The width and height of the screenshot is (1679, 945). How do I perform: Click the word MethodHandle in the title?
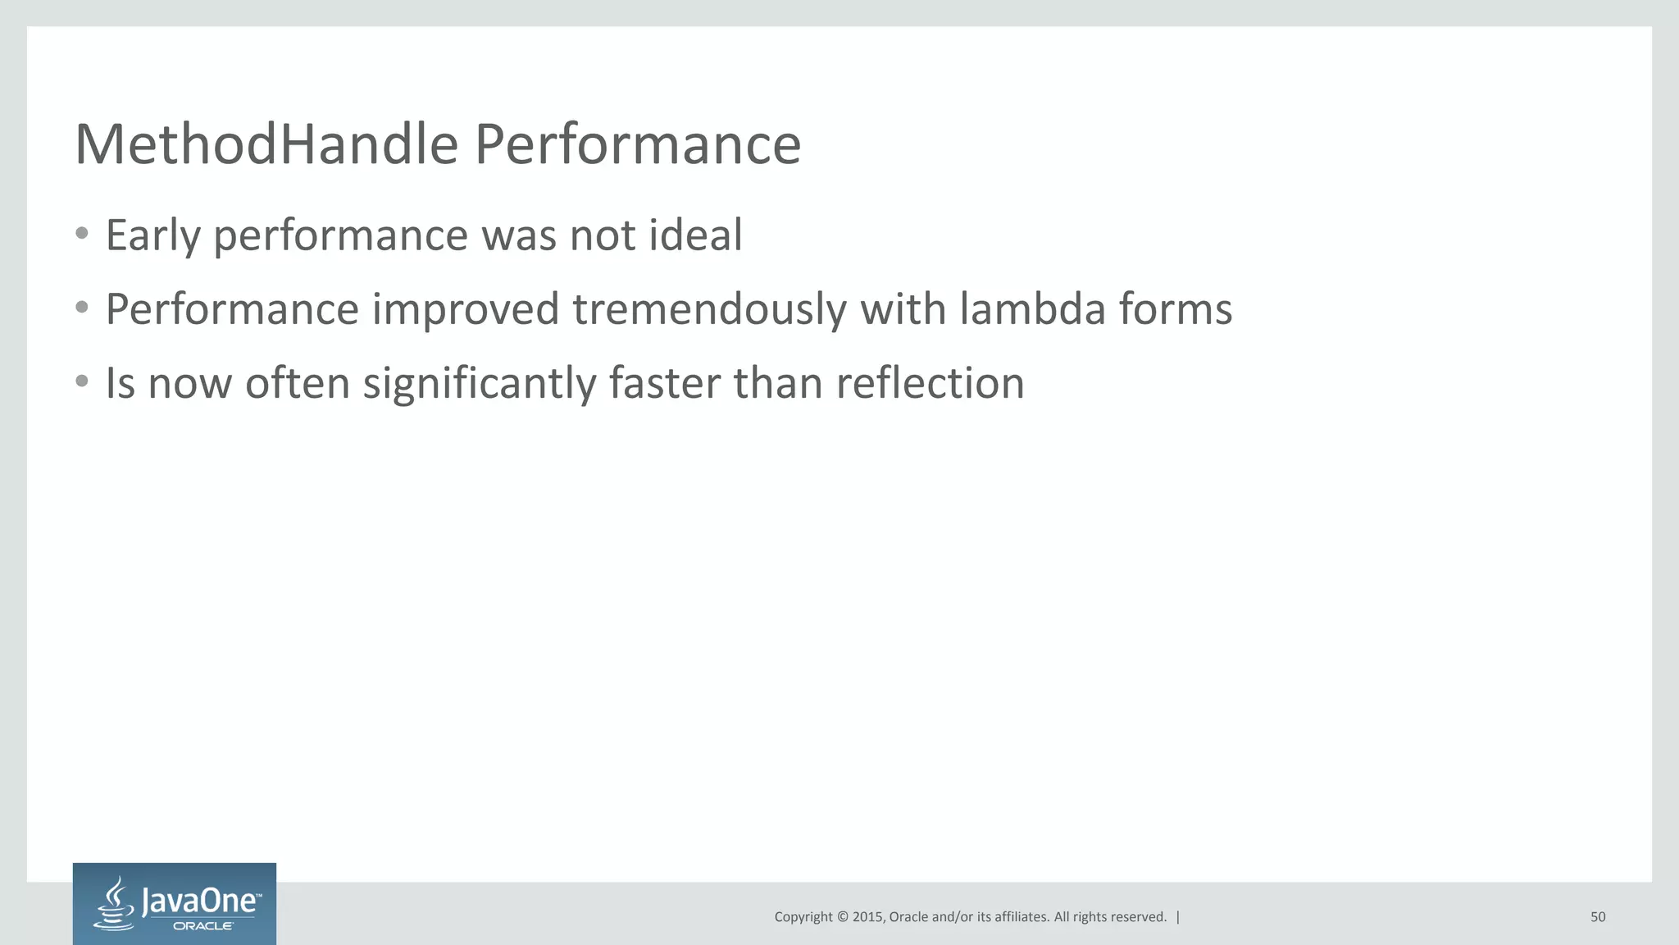[266, 144]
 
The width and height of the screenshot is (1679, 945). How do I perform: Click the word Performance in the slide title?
[637, 144]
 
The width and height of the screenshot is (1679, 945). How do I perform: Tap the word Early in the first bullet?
[153, 236]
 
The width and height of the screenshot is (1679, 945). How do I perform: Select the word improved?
[466, 310]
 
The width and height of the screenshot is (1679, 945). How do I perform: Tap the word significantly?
[480, 384]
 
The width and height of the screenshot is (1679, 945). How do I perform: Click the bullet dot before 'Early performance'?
[81, 234]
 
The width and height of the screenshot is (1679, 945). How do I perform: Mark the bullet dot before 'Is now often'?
[81, 381]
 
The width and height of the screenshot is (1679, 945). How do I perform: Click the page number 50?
[1597, 917]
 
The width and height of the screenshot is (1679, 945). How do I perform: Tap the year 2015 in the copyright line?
[867, 917]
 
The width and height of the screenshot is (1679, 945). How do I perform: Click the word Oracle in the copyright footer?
[908, 917]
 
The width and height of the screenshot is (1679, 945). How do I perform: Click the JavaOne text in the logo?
[201, 902]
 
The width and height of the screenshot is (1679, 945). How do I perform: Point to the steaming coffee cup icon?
[115, 905]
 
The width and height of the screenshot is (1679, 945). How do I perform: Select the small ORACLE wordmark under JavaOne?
[202, 926]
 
